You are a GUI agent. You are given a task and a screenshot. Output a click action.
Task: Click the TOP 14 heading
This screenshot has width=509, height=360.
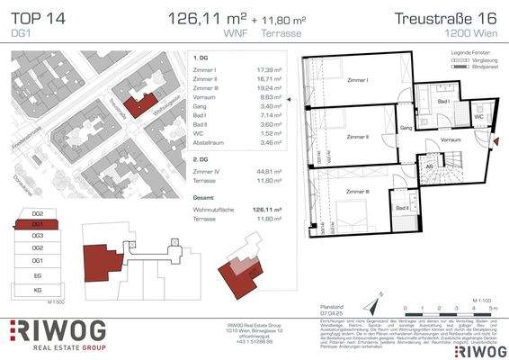pyautogui.click(x=35, y=17)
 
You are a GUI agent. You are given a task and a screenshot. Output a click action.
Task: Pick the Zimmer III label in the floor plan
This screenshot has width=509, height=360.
pyautogui.click(x=357, y=192)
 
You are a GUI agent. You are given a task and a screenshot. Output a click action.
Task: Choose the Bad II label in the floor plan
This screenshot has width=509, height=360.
pyautogui.click(x=402, y=209)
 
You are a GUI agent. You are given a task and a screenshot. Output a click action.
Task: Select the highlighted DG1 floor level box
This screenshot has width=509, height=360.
pyautogui.click(x=37, y=222)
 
